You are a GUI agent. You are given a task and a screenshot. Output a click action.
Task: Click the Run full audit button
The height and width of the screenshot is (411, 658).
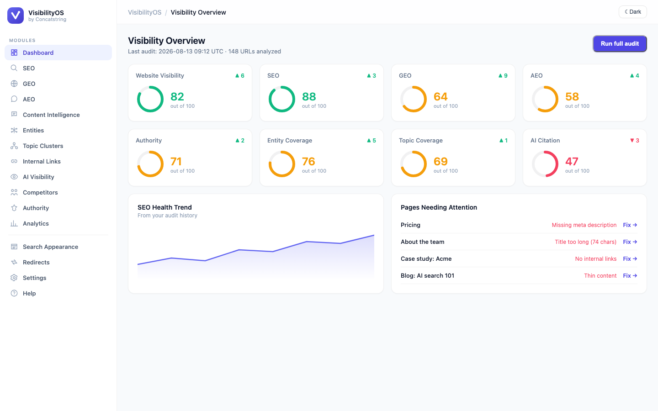pos(620,44)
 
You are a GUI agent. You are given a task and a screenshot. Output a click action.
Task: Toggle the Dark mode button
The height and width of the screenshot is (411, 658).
pos(633,12)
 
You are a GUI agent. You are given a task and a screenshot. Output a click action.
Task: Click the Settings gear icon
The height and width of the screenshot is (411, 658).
pos(14,278)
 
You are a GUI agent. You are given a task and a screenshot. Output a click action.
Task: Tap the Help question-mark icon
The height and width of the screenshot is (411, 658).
pos(14,293)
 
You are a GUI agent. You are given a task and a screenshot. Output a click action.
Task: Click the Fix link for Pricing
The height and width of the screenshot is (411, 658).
pos(630,225)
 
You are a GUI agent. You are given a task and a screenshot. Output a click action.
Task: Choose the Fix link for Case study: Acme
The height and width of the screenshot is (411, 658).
pos(630,258)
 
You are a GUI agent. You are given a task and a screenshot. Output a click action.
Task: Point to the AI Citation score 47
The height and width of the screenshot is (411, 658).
pos(572,162)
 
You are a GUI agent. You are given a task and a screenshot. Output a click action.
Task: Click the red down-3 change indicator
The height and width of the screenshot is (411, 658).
pos(635,140)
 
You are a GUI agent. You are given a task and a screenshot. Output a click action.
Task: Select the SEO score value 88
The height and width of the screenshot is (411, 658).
pos(309,97)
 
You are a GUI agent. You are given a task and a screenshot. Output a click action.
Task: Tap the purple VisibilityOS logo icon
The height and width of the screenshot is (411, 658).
pos(16,15)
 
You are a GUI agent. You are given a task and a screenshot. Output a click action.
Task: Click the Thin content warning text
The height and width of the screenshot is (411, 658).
pos(600,276)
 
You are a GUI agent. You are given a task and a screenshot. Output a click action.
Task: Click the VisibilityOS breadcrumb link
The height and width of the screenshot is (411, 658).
pos(144,12)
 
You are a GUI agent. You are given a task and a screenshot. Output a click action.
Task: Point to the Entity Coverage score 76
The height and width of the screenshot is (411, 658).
pos(308,162)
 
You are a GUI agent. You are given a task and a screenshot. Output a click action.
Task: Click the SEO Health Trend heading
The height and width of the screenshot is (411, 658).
pos(164,207)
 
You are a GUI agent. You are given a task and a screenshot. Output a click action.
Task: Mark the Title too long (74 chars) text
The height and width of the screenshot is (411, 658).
pos(585,242)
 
